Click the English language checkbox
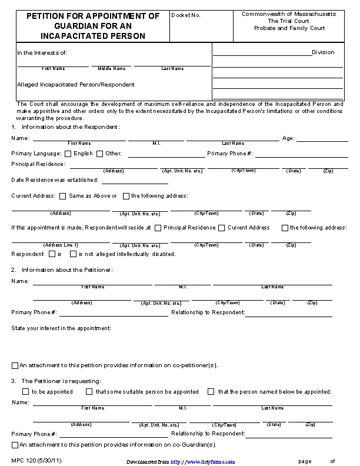click(x=68, y=154)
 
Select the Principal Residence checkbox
click(x=158, y=228)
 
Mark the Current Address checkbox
click(x=222, y=228)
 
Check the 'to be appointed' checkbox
click(x=25, y=391)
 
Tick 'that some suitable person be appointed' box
click(x=89, y=391)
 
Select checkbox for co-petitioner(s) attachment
click(x=15, y=365)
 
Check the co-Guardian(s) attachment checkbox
click(x=15, y=444)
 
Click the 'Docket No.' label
click(x=185, y=15)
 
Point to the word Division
click(x=323, y=52)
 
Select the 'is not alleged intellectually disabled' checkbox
click(x=73, y=254)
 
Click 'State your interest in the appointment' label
click(x=61, y=328)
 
